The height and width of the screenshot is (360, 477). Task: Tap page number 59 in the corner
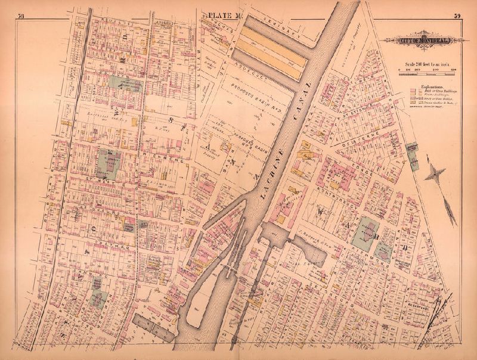tap(457, 16)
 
